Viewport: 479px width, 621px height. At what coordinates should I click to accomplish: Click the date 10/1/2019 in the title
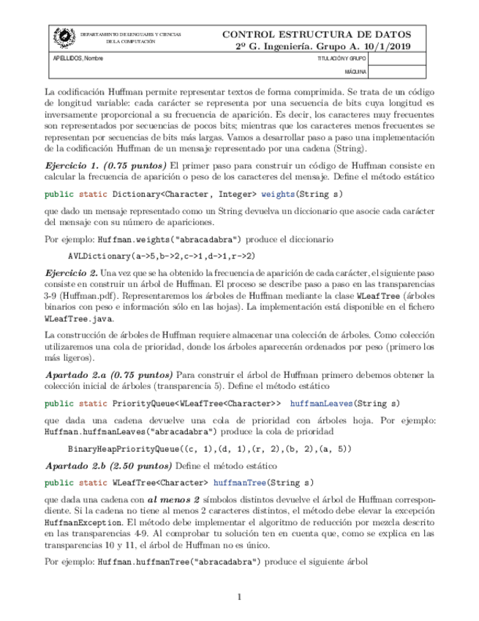point(388,45)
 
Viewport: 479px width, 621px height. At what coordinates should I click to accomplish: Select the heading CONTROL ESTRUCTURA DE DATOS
point(316,34)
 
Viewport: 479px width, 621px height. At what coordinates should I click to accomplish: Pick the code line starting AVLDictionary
point(161,256)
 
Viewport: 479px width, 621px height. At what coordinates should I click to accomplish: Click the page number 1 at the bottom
point(239,597)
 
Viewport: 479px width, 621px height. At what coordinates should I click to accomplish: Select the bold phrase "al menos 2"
point(176,499)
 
